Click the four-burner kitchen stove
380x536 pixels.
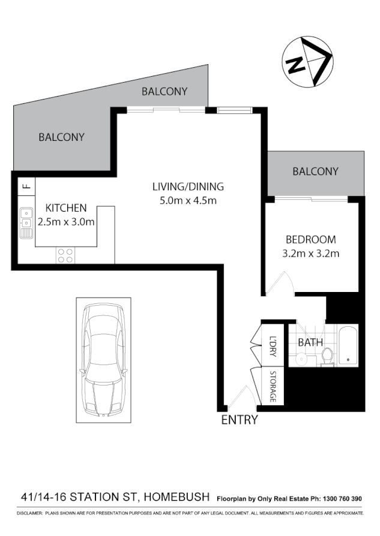pyautogui.click(x=65, y=256)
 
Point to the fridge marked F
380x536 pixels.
pyautogui.click(x=26, y=185)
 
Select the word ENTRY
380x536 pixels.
pyautogui.click(x=240, y=420)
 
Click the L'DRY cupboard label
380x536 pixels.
pyautogui.click(x=273, y=348)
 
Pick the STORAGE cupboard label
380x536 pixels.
pyautogui.click(x=273, y=387)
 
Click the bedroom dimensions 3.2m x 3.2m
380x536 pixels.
pyautogui.click(x=311, y=253)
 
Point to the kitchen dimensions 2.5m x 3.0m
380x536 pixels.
pyautogui.click(x=66, y=222)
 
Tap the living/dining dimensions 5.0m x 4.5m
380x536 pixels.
pyautogui.click(x=187, y=200)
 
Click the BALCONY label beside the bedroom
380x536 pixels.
pyautogui.click(x=315, y=171)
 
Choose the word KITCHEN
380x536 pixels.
pyautogui.click(x=66, y=208)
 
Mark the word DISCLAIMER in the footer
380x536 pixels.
pyautogui.click(x=29, y=514)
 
